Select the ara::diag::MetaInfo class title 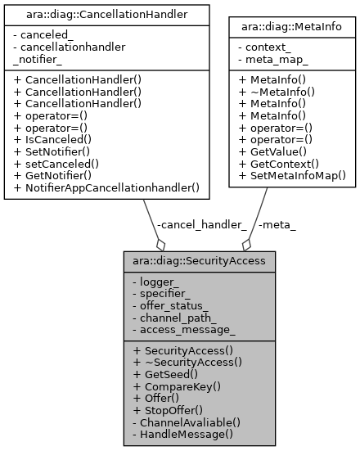(292, 28)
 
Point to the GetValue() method (273, 151)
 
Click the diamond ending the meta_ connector (245, 244)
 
